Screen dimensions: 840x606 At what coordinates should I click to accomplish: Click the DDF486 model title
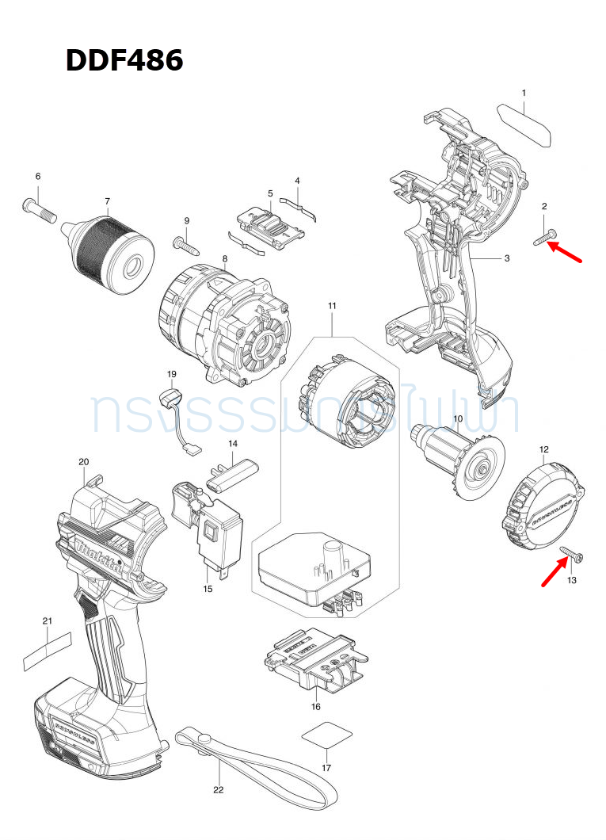(x=124, y=59)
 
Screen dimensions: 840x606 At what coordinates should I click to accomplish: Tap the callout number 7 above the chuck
(x=107, y=201)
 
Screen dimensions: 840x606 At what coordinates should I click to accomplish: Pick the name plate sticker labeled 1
(x=525, y=124)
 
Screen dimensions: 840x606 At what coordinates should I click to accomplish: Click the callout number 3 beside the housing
(x=506, y=258)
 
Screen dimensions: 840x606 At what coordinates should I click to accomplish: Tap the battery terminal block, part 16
(x=314, y=659)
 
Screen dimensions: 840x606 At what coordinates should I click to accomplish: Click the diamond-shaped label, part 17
(x=326, y=736)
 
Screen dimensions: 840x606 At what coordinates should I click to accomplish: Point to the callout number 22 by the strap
(x=219, y=789)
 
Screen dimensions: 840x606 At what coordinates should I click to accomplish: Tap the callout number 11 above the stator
(x=332, y=306)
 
